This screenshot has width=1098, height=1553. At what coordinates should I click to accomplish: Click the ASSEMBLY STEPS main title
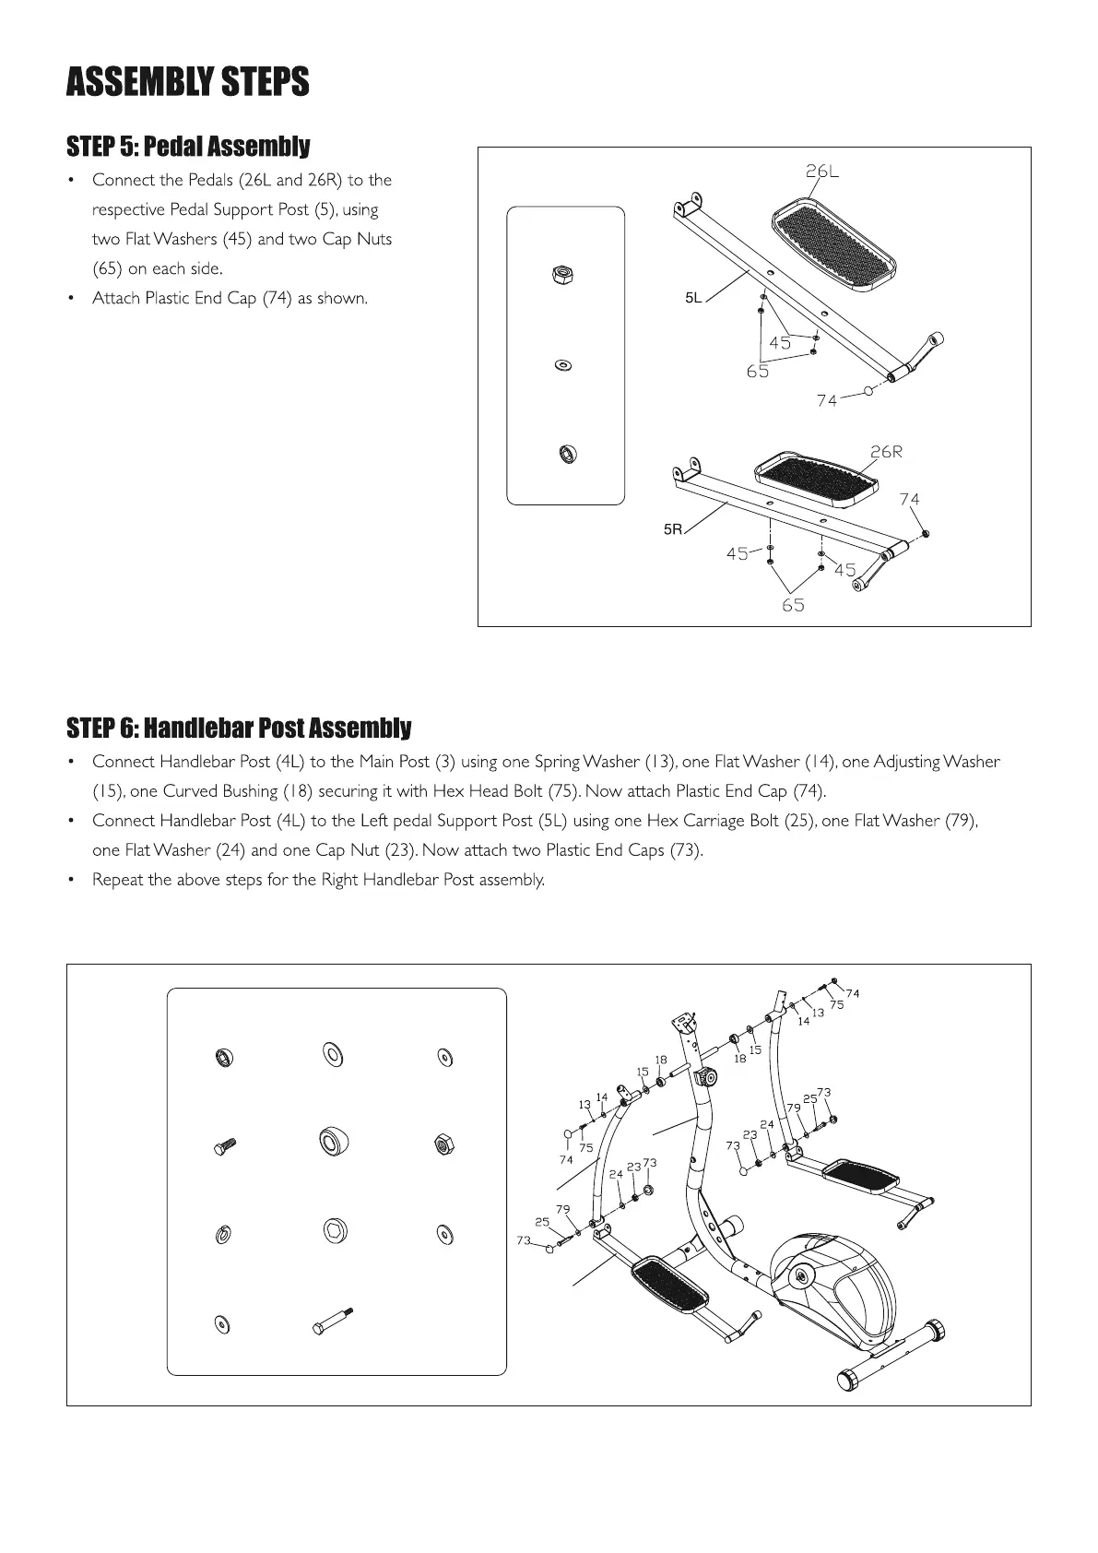[x=187, y=82]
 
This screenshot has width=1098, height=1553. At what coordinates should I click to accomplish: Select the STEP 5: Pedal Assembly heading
[x=188, y=147]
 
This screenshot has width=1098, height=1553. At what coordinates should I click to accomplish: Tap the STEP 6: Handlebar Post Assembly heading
[x=239, y=729]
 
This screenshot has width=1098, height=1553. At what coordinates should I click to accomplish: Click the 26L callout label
[x=822, y=172]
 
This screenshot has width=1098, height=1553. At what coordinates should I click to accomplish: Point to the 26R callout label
[x=886, y=452]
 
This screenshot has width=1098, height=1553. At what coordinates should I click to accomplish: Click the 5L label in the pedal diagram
[x=693, y=298]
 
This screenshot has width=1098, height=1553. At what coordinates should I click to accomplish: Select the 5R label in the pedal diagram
[x=673, y=529]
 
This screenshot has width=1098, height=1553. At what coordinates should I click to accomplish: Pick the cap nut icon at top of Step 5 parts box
[x=561, y=274]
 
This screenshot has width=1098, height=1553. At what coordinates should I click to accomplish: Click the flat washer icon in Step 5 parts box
[x=562, y=365]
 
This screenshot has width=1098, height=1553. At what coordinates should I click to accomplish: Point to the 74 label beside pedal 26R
[x=909, y=499]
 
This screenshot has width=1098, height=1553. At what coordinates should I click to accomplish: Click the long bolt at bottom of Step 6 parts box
[x=333, y=1321]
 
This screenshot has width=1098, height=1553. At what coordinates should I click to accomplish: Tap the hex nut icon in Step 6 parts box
[x=443, y=1145]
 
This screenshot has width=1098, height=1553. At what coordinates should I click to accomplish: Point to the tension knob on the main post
[x=707, y=1077]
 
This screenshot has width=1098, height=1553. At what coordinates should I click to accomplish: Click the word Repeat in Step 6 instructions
[x=118, y=880]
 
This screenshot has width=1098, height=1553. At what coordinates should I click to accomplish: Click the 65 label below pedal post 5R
[x=793, y=605]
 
